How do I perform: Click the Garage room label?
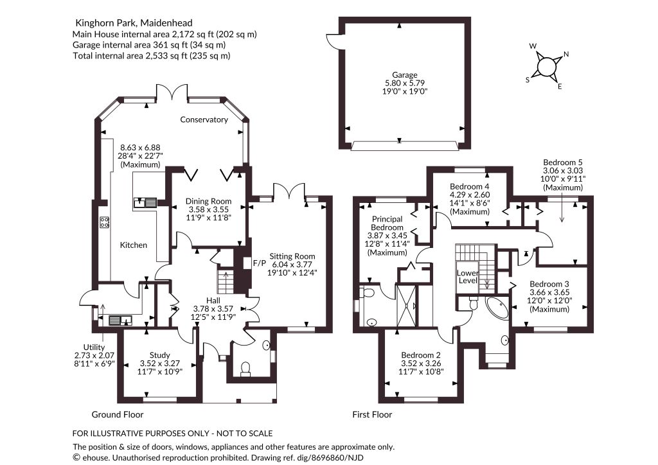tap(405, 75)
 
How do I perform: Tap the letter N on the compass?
tap(565, 54)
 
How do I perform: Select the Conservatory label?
tap(204, 119)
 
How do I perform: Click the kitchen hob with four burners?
tap(104, 222)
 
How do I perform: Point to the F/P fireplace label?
tap(260, 263)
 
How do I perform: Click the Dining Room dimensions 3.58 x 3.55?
tap(209, 209)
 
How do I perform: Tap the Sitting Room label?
tap(292, 256)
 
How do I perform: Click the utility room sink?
tap(120, 320)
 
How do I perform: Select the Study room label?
tap(160, 355)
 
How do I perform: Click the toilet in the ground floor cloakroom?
tap(245, 369)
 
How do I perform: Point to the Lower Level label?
tap(468, 277)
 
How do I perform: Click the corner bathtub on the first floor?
tap(498, 308)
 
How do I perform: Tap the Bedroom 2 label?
tap(421, 355)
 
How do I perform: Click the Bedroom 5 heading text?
tap(563, 162)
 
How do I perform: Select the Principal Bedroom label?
tap(387, 223)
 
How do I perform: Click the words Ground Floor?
tap(118, 415)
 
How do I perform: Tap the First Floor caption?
tap(372, 415)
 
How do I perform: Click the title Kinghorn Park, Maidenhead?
tap(134, 22)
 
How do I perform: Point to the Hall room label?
tap(213, 301)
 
